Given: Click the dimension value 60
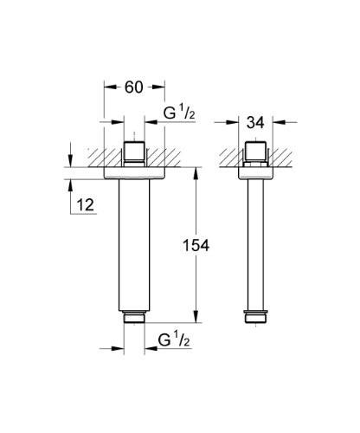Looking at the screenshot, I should click(x=135, y=87).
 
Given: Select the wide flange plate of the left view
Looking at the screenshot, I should click(x=135, y=173).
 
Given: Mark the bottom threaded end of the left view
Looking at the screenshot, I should click(x=135, y=319).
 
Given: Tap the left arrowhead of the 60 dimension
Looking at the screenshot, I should click(x=108, y=87).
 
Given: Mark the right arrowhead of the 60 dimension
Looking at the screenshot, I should click(x=162, y=87).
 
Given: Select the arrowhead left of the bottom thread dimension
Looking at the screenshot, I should click(x=119, y=350).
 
